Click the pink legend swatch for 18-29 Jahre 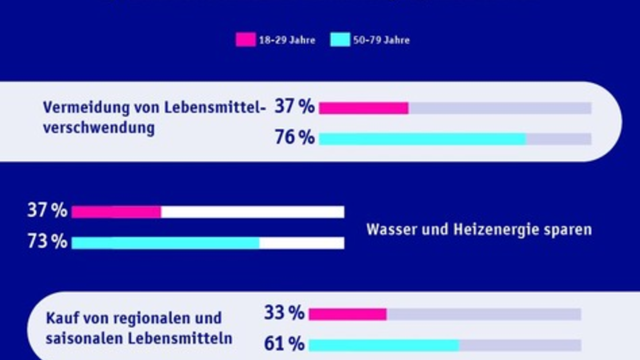coord(245,40)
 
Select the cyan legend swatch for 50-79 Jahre coord(340,40)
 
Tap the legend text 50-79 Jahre coord(381,41)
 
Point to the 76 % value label coord(294,138)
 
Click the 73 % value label coord(47,242)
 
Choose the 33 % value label coord(284,313)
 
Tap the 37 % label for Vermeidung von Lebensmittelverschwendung coord(294,107)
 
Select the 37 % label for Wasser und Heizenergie coord(47,211)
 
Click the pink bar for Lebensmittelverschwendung coord(364,108)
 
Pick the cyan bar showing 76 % coord(422,139)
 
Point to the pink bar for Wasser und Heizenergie coord(116,212)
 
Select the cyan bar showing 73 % coord(165,243)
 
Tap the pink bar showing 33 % coord(348,314)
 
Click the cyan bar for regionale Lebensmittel coord(384,345)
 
